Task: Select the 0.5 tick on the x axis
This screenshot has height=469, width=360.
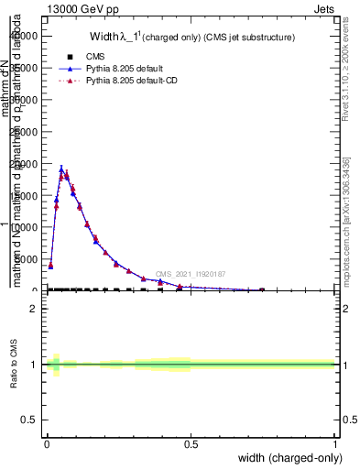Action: [191, 444]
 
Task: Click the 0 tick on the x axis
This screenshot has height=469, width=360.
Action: [47, 444]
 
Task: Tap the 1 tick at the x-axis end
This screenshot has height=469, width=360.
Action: [335, 444]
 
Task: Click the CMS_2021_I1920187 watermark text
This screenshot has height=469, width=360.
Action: [191, 274]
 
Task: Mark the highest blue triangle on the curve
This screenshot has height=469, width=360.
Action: [61, 169]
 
